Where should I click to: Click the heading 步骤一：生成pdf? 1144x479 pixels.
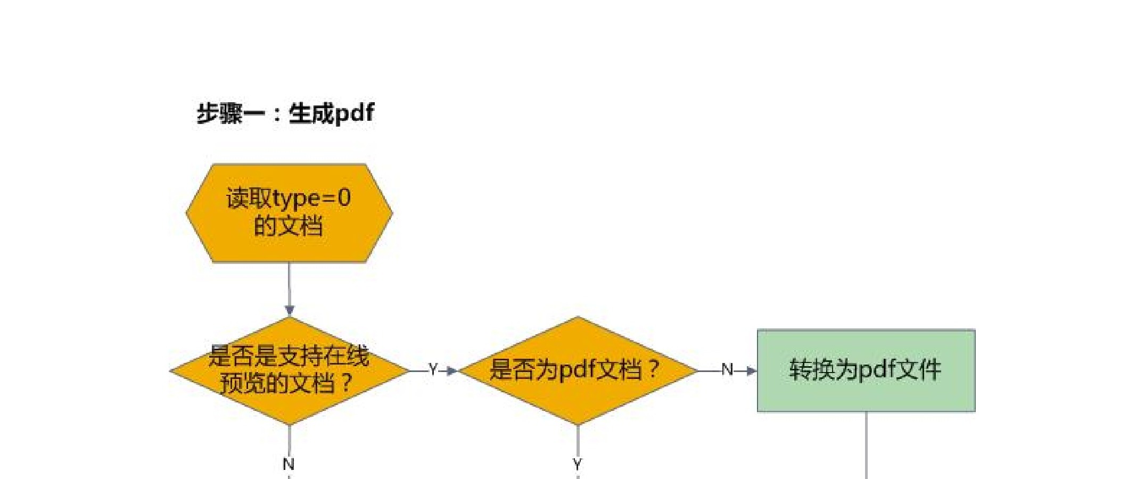click(285, 113)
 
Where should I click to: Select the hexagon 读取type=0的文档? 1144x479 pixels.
click(289, 213)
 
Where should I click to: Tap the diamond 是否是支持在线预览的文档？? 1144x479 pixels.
click(290, 370)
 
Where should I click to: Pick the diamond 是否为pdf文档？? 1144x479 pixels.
click(578, 370)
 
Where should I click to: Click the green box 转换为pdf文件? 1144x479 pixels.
click(866, 370)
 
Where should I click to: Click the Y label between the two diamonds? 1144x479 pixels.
click(433, 369)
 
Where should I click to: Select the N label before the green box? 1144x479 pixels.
click(727, 369)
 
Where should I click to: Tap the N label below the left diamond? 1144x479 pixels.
click(289, 464)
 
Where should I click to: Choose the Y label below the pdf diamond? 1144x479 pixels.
click(578, 464)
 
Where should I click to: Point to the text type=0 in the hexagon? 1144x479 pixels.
click(311, 199)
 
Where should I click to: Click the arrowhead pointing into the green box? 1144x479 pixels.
click(751, 370)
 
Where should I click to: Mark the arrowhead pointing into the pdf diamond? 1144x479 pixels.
click(452, 370)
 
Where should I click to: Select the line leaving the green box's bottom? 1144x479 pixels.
click(866, 445)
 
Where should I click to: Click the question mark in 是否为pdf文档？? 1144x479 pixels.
click(654, 369)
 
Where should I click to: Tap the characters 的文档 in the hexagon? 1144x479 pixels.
click(289, 226)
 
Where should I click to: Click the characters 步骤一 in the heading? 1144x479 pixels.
click(231, 113)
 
